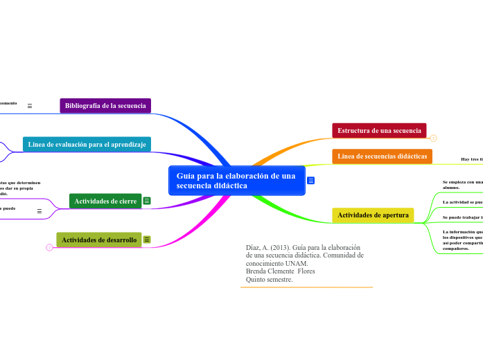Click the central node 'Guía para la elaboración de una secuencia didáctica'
(x=236, y=181)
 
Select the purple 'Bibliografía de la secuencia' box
(x=105, y=106)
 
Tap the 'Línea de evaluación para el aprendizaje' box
(x=87, y=144)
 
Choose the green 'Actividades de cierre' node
(x=105, y=201)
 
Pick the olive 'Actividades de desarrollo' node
(x=99, y=240)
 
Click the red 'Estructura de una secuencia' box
(x=379, y=130)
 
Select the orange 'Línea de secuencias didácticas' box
(x=382, y=156)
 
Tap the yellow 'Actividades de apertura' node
(x=373, y=215)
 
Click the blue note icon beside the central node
(x=311, y=181)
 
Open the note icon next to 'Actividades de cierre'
(x=148, y=201)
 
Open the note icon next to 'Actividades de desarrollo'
(x=148, y=240)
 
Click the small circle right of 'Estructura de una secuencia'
(x=433, y=138)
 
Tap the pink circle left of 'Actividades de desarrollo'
(x=49, y=247)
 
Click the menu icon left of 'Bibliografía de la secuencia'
(x=30, y=106)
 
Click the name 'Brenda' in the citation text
(x=258, y=271)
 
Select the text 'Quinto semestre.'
(x=270, y=279)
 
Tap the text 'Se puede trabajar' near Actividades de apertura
(x=461, y=217)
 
